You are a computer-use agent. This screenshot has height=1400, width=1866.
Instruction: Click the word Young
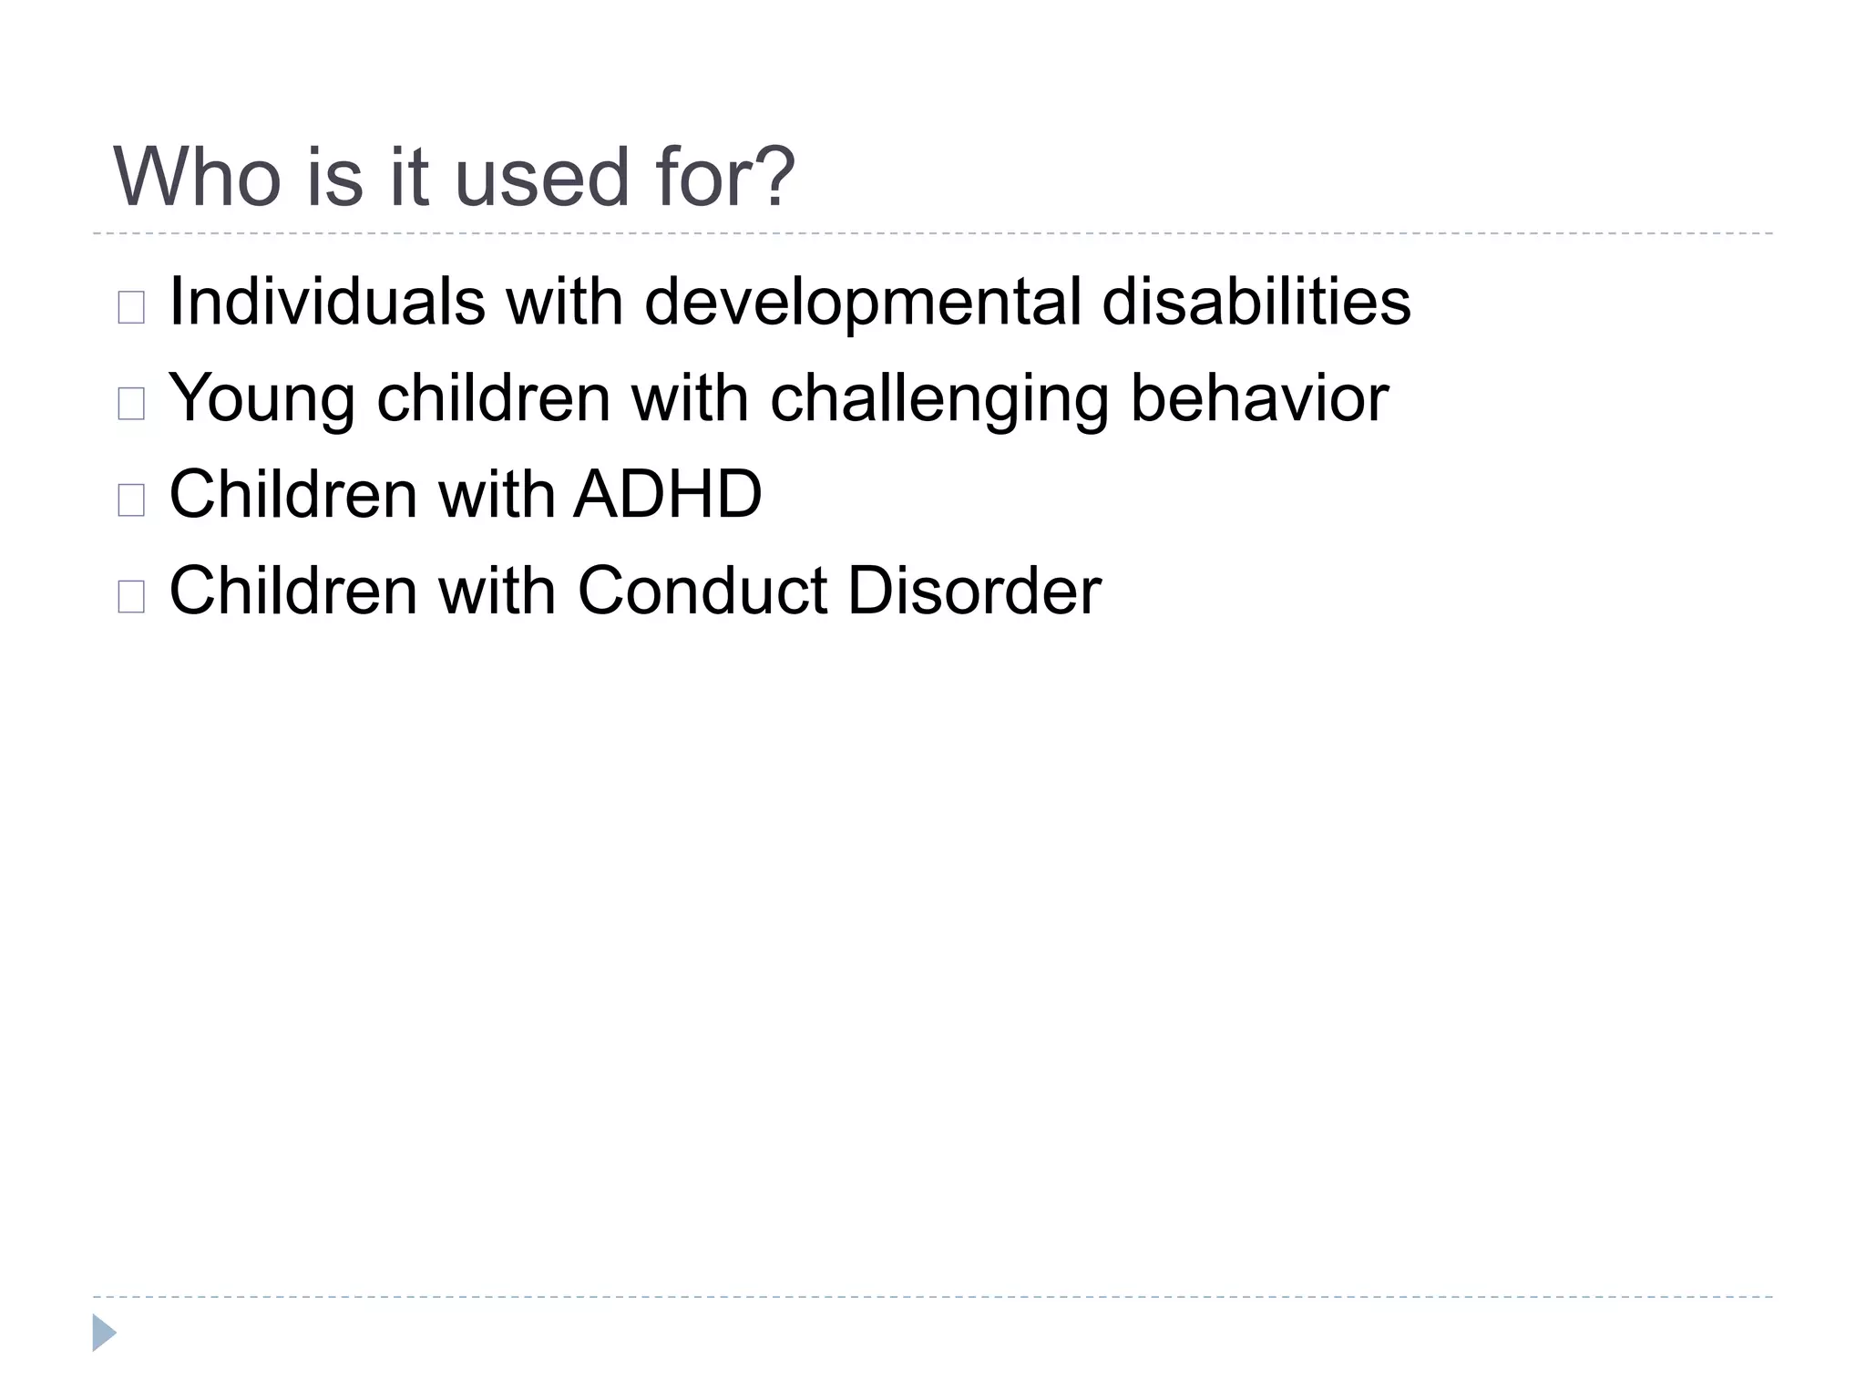262,398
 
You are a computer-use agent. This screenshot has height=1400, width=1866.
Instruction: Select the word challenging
939,398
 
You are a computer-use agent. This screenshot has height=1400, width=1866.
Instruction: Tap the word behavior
1259,398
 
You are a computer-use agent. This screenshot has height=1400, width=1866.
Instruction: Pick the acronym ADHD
668,495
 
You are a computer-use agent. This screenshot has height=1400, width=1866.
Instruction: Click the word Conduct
702,592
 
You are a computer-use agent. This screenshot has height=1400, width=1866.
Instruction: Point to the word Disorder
974,592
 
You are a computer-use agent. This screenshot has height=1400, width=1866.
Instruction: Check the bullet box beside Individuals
131,308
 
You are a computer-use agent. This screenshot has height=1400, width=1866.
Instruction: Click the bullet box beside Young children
131,404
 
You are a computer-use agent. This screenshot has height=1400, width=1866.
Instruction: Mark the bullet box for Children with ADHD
131,500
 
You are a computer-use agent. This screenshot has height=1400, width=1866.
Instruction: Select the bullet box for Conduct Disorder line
131,597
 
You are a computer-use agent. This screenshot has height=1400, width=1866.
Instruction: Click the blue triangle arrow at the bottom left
104,1333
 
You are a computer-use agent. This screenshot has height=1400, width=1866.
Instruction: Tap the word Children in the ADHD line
293,495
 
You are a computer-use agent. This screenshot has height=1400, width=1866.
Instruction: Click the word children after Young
493,398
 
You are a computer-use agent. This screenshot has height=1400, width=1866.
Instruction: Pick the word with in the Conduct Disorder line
497,592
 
